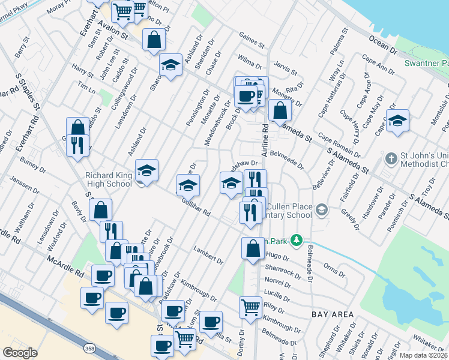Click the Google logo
coord(20,353)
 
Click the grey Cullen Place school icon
coord(322,209)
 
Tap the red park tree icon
coord(295,240)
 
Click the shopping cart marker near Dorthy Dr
coord(251,307)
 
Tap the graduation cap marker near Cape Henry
coord(397,120)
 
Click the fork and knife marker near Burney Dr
coord(78,146)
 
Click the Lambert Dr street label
coord(208,254)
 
